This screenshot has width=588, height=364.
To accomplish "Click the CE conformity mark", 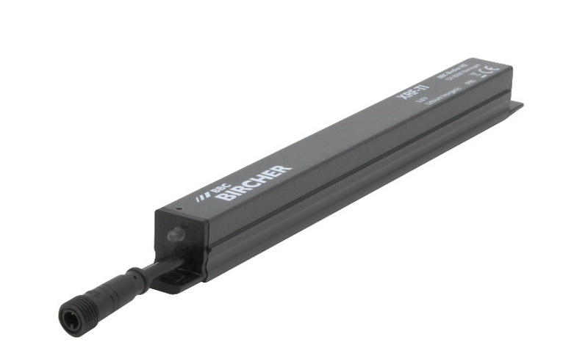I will coord(489,70).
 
